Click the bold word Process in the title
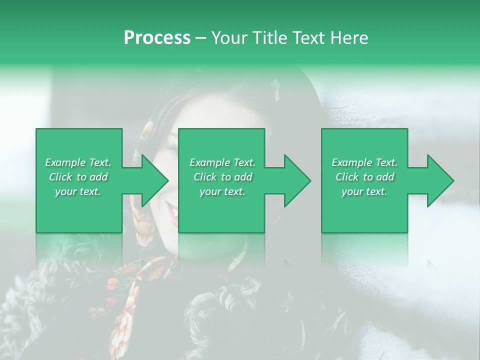[157, 38]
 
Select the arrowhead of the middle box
[296, 180]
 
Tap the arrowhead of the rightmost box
[439, 180]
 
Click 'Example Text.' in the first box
[78, 162]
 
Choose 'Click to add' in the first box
[78, 177]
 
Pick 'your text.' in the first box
[78, 191]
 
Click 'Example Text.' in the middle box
[222, 162]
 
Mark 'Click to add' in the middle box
[222, 177]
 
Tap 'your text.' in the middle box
[222, 191]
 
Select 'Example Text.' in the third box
[364, 162]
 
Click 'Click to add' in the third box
[364, 177]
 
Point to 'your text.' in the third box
[364, 191]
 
